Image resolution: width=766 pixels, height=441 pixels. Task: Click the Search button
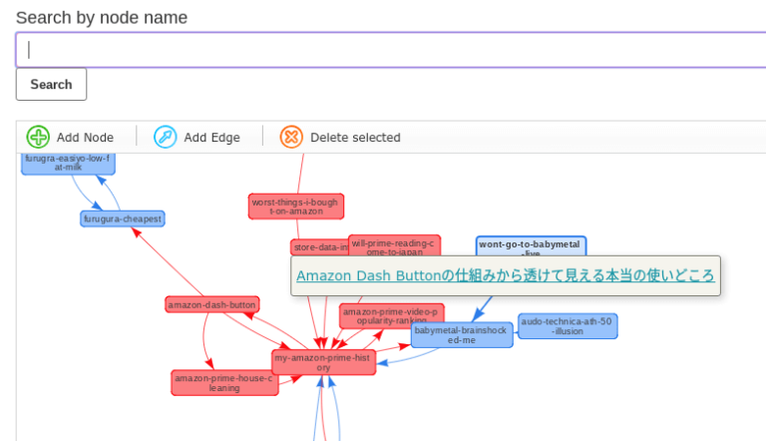tap(51, 85)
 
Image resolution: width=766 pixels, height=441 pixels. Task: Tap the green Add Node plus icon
tap(38, 137)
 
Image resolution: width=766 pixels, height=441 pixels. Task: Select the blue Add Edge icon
tap(166, 137)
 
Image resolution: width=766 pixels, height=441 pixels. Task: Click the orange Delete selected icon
tap(291, 137)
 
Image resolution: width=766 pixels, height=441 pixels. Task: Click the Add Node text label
tap(85, 138)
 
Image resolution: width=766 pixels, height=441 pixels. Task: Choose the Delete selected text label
tap(355, 138)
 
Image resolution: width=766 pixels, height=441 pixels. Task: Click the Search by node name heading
tap(102, 18)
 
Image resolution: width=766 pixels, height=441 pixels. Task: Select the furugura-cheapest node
tap(122, 219)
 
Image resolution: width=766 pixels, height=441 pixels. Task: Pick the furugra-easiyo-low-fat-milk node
tap(68, 163)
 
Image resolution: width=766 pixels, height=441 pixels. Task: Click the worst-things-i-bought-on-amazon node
tap(296, 207)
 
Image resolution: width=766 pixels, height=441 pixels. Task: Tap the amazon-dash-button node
tap(212, 304)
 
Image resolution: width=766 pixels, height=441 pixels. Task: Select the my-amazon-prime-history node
tap(323, 362)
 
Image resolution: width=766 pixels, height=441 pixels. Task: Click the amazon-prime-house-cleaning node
tap(224, 382)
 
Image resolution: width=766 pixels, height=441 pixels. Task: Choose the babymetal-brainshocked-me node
tap(462, 334)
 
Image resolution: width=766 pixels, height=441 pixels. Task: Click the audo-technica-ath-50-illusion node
tap(568, 326)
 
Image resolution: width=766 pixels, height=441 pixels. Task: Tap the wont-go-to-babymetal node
tap(531, 243)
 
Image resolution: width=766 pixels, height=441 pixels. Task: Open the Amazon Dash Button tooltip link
tap(505, 275)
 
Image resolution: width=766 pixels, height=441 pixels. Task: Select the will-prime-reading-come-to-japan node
tap(394, 244)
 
